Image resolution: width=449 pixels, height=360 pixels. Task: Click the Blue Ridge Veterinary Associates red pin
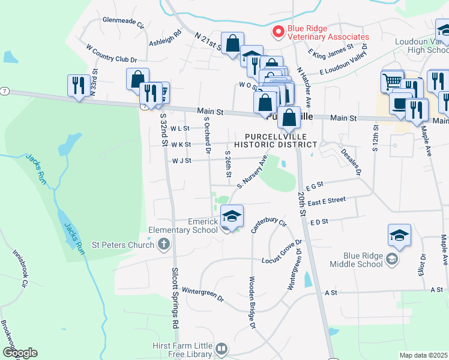coord(278,32)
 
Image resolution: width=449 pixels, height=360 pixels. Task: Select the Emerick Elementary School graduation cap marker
coord(232,215)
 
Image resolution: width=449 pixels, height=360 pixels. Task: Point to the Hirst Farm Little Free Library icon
coord(221,349)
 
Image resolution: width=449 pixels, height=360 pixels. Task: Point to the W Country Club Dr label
coord(112,53)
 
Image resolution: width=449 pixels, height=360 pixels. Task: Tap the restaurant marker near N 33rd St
coord(79,85)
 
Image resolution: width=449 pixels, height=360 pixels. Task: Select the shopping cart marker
coord(392,80)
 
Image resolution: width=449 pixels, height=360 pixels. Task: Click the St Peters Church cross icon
coord(164,244)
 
